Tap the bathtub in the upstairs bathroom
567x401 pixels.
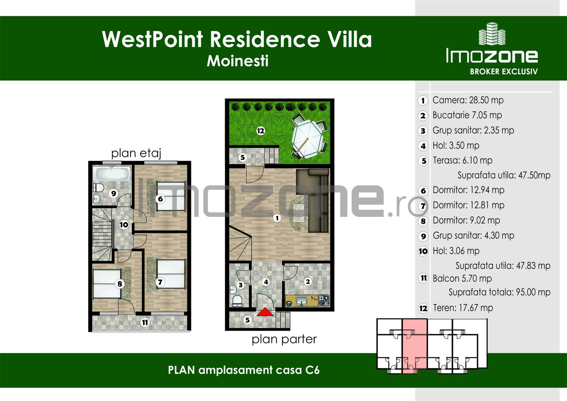coord(112,173)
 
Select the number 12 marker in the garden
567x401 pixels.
coord(260,131)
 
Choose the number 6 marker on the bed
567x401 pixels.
coord(161,199)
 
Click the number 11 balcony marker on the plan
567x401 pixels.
coord(145,322)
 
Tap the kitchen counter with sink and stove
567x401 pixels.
coord(307,300)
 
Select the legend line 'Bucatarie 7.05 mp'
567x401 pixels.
coord(467,115)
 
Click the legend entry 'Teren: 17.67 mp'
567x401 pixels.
coord(463,308)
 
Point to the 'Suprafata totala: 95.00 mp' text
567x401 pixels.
coord(499,292)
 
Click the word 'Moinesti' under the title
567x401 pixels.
coord(237,61)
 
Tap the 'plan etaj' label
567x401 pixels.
coord(136,153)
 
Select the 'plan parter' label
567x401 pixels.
coord(284,339)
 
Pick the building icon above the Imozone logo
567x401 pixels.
coord(492,34)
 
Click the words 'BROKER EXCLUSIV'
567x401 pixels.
coord(503,72)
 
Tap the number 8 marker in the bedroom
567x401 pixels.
coord(120,284)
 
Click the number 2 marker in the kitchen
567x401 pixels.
coord(308,282)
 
